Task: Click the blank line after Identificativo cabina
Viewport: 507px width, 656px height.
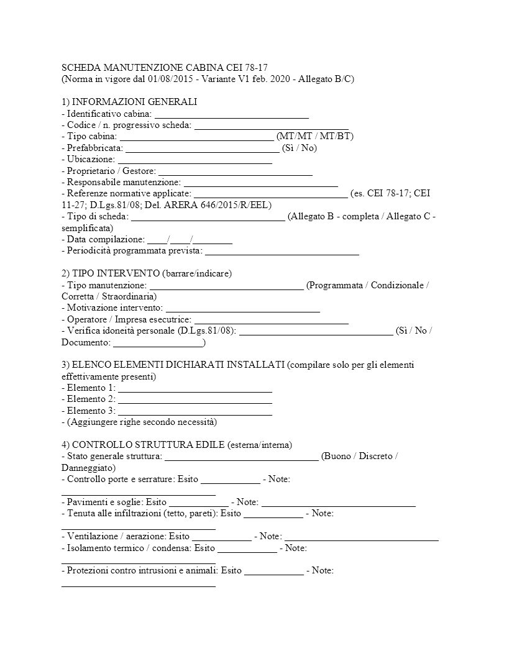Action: [231, 114]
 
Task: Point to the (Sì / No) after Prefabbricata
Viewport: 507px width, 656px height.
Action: [299, 148]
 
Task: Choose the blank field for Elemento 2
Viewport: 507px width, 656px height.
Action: [194, 399]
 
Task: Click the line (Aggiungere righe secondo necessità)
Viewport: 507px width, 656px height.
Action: [139, 422]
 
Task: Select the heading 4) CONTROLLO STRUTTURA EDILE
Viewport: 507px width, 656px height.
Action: [144, 445]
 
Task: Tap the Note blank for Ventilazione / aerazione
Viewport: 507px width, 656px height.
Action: [362, 536]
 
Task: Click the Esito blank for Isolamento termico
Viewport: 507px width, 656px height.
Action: [247, 548]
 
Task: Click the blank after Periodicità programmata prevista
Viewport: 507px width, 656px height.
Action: [281, 251]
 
